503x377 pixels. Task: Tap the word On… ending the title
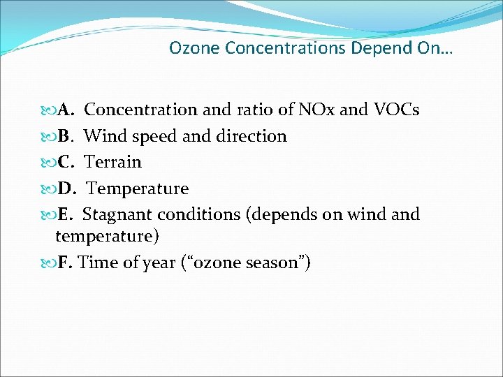[437, 49]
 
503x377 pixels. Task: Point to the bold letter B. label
[67, 136]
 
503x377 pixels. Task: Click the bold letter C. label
[67, 163]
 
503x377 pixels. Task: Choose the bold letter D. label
[68, 189]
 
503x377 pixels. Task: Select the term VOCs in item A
[398, 110]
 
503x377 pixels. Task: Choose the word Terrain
[113, 163]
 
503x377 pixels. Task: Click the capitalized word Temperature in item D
[138, 189]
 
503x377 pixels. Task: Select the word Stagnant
[117, 214]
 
